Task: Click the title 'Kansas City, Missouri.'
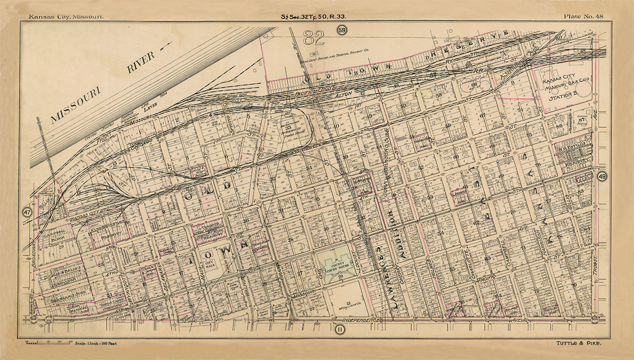coord(66,16)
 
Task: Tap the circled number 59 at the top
coord(342,31)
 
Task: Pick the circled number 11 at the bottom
coord(340,330)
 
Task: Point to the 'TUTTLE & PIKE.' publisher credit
coord(580,343)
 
